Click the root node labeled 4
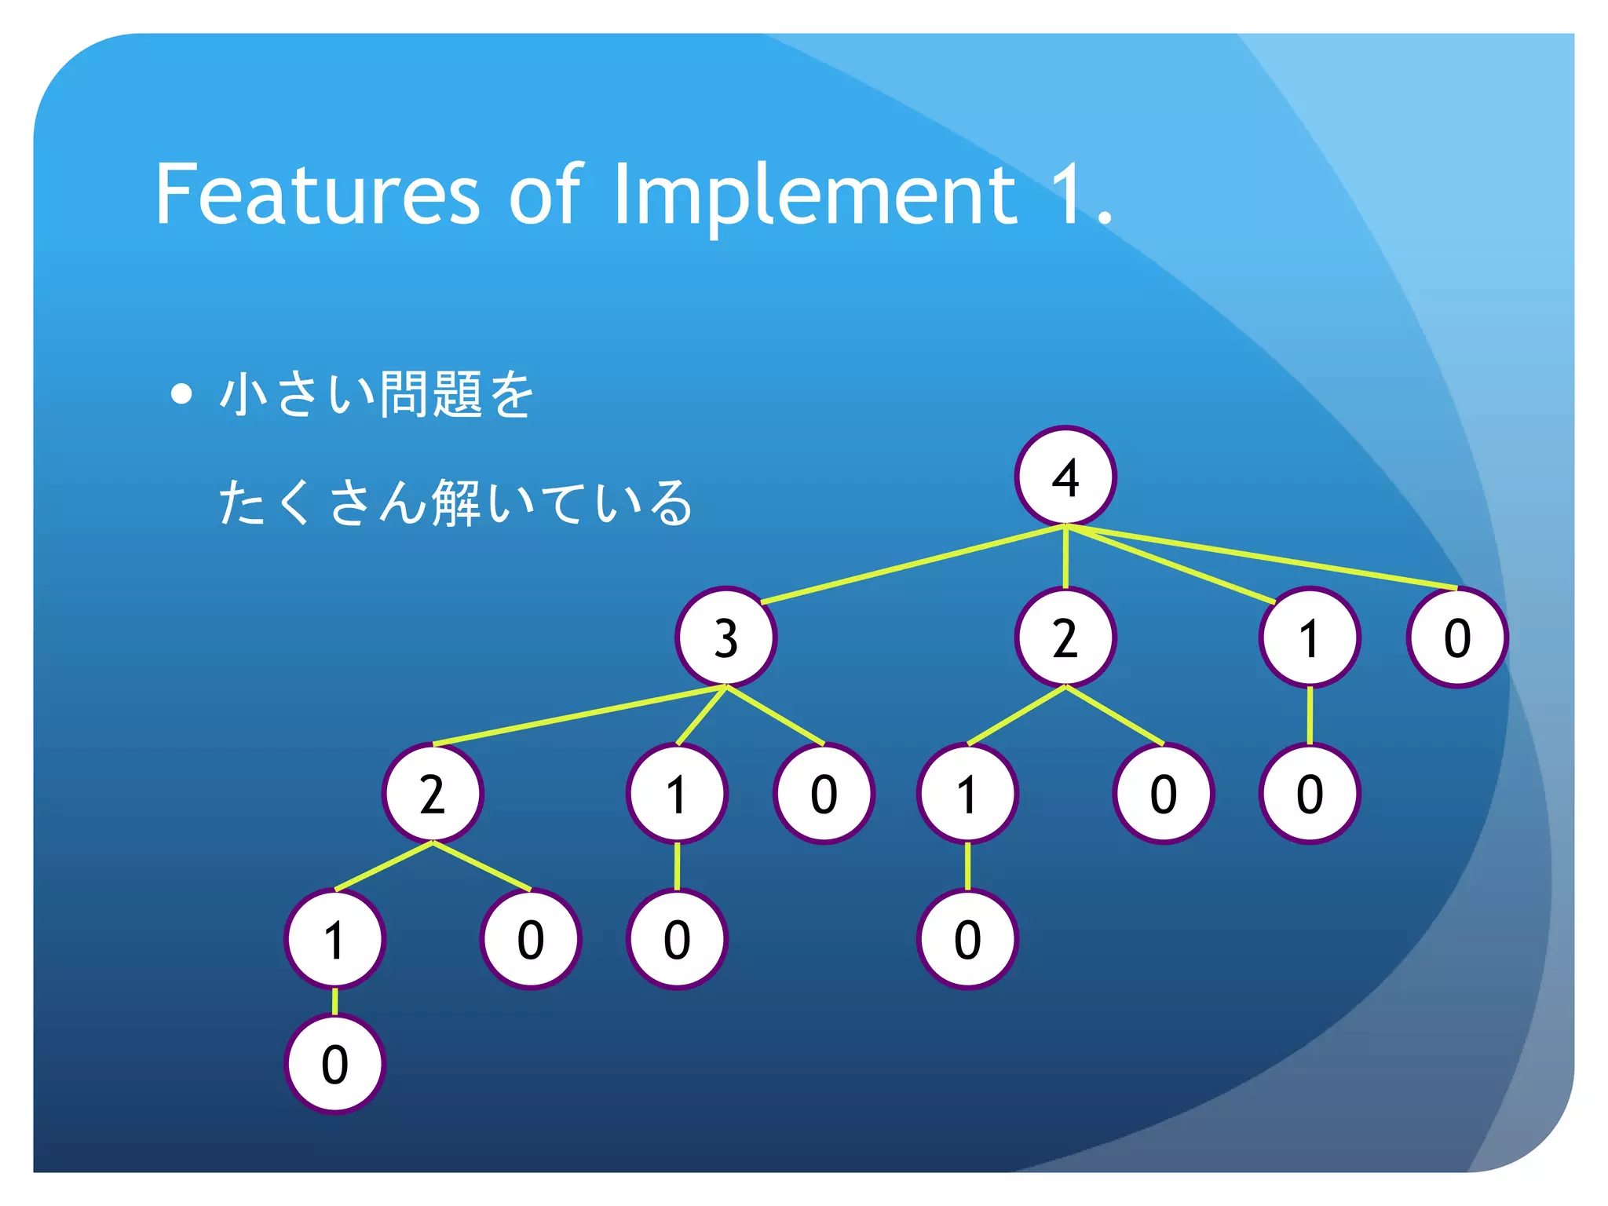point(1065,477)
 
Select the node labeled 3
point(725,637)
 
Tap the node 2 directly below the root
point(1065,637)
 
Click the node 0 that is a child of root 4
point(1457,637)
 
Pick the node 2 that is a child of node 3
point(433,793)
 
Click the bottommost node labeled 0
point(334,1064)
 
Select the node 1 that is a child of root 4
point(1309,637)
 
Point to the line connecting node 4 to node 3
point(911,565)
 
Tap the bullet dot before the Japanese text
point(181,393)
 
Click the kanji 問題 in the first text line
point(430,393)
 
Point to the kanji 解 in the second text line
point(455,502)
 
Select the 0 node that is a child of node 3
point(823,793)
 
